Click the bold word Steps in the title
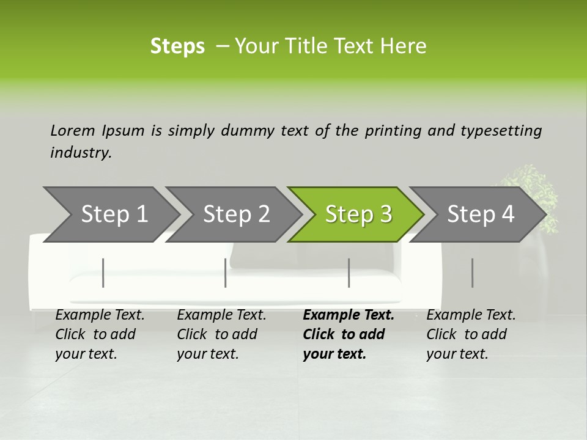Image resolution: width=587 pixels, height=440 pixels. (x=177, y=46)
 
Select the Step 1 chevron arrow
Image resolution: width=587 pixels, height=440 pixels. (x=114, y=215)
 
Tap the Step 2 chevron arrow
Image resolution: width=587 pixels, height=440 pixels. (x=236, y=215)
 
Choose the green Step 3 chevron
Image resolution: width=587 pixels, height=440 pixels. (x=358, y=215)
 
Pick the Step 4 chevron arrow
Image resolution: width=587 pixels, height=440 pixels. (x=481, y=215)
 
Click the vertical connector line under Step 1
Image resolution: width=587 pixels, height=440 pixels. (x=103, y=273)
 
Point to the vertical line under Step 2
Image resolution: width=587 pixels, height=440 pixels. (x=226, y=273)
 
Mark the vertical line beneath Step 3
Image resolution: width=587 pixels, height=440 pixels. (x=349, y=273)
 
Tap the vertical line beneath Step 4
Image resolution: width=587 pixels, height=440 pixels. (x=472, y=273)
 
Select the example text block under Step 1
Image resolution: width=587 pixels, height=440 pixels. (x=100, y=334)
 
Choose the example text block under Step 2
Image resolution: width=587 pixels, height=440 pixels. (x=221, y=334)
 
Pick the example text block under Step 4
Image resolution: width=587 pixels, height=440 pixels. (x=471, y=334)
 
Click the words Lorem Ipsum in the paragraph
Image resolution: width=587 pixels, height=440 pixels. (x=97, y=131)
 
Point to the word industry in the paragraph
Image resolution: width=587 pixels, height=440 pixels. (x=81, y=153)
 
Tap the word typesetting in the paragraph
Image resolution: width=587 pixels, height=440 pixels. (x=500, y=131)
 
